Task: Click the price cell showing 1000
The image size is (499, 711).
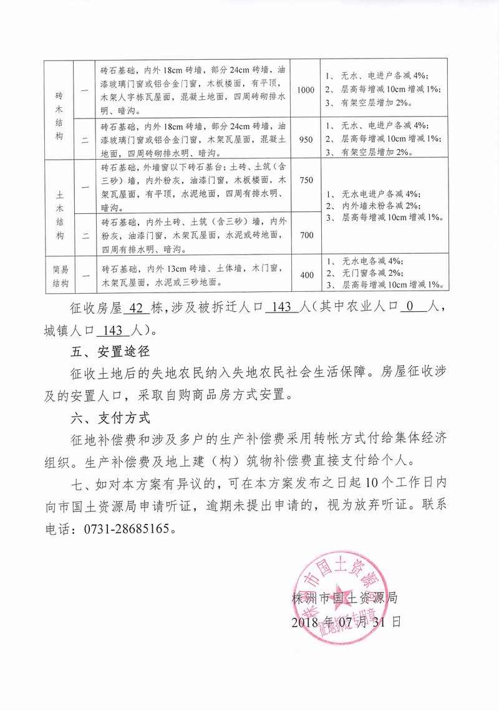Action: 306,90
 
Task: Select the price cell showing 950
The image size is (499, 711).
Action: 306,139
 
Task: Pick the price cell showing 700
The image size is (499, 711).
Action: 306,235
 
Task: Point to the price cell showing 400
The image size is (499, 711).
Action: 306,274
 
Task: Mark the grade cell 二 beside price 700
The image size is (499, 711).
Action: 84,236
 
